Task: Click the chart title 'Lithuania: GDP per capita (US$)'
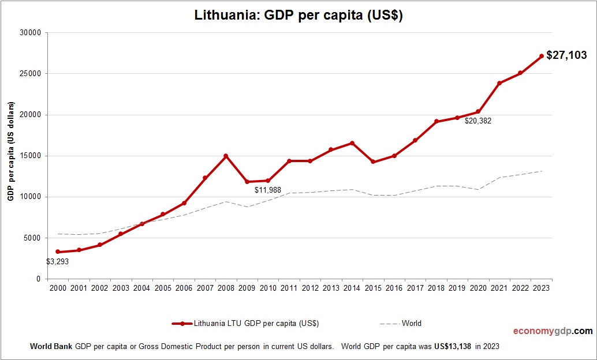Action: point(298,16)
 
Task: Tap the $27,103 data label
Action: point(566,55)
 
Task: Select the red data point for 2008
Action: point(226,156)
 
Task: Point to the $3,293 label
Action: point(58,261)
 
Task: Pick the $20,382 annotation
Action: point(477,121)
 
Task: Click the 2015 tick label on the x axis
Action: point(373,288)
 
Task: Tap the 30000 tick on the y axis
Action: point(30,33)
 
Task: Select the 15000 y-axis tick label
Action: point(30,156)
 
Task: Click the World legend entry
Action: point(412,323)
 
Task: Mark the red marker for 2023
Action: point(542,56)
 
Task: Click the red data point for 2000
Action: point(58,252)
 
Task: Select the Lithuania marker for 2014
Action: point(352,143)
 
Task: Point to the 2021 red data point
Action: point(499,83)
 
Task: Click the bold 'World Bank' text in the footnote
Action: point(51,347)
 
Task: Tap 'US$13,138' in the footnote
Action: point(453,347)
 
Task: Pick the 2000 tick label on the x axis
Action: point(58,288)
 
